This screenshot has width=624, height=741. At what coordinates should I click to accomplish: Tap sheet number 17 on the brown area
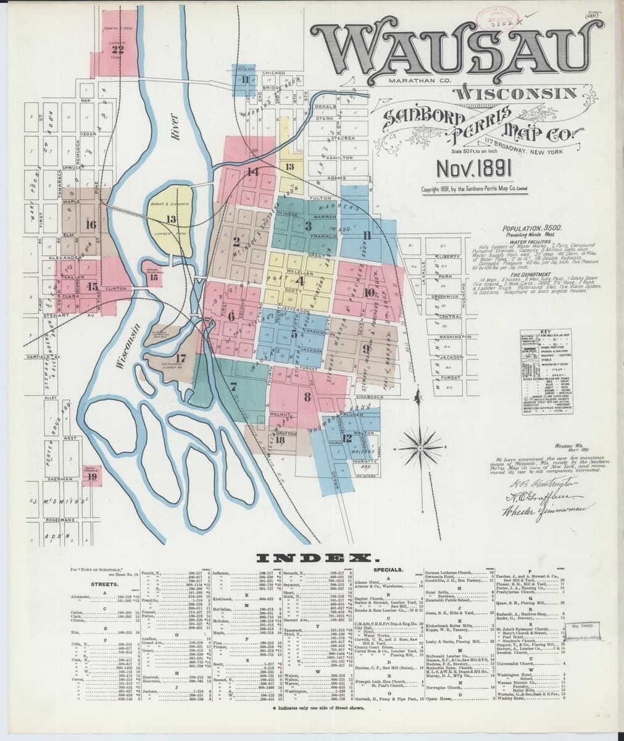point(180,358)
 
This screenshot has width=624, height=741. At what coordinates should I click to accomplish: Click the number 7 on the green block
point(233,387)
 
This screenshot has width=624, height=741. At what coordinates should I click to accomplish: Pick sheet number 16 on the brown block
point(91,224)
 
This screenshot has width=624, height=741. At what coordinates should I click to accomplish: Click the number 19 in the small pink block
point(93,476)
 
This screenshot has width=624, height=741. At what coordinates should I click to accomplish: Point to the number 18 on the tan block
point(280,440)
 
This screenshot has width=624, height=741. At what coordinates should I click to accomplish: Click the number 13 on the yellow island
point(171,219)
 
